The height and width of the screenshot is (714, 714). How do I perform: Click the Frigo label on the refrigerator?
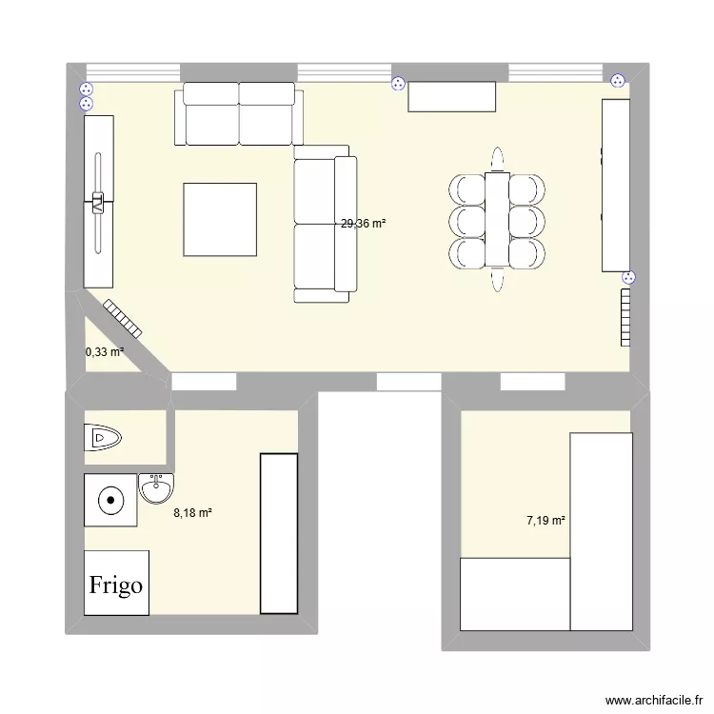point(116,584)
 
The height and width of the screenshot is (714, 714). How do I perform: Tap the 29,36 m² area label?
point(364,225)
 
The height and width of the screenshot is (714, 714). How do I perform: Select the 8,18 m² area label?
point(192,513)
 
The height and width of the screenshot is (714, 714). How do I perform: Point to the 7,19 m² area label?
point(546,521)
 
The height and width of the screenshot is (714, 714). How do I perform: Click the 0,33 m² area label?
point(105,352)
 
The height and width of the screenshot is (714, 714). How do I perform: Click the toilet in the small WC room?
point(104,438)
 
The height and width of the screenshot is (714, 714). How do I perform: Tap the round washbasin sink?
point(155,490)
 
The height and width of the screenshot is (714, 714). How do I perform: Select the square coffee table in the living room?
point(220,219)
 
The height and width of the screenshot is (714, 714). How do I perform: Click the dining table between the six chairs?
point(497,219)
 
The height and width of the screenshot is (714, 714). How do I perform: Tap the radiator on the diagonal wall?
point(123,319)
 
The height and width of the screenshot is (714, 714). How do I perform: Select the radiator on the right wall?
point(625,317)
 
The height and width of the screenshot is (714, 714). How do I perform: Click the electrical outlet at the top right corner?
point(618,82)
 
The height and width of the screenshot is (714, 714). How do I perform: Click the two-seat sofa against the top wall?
point(239,114)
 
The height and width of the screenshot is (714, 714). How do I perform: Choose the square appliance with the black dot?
point(111,499)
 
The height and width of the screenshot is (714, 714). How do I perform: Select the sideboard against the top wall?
point(452,96)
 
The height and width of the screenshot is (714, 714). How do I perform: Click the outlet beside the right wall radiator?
point(627,277)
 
